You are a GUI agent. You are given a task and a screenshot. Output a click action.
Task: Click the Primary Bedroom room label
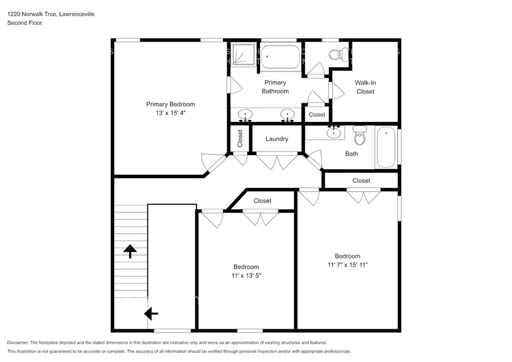[x=170, y=104]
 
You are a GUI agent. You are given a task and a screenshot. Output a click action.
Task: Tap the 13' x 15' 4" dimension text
[x=170, y=113]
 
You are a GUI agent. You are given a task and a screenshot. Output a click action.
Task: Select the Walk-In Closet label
[x=365, y=87]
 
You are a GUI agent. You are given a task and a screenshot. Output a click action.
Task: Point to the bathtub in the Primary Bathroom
[x=281, y=58]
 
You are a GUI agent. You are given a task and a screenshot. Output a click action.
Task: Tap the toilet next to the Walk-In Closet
[x=336, y=54]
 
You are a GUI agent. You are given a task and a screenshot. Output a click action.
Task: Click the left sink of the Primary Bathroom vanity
[x=246, y=115]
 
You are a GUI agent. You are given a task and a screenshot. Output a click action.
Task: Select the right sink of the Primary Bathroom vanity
[x=287, y=115]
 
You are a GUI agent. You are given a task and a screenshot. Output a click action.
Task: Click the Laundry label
[x=277, y=139]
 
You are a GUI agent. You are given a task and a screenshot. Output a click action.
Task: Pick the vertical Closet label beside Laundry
[x=240, y=139]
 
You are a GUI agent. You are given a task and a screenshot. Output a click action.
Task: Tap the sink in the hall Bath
[x=335, y=132]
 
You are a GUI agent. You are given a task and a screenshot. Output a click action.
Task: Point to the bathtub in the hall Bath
[x=386, y=147]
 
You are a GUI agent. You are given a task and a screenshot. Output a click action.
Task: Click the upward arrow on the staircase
[x=130, y=251]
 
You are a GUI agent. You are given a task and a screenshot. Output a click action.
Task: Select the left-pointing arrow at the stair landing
[x=150, y=314]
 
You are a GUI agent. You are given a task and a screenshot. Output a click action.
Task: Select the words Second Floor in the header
[x=25, y=23]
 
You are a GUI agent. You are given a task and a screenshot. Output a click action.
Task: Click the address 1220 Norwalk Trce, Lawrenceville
[x=51, y=14]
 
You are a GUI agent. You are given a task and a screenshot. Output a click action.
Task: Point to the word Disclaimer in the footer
[x=21, y=342]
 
